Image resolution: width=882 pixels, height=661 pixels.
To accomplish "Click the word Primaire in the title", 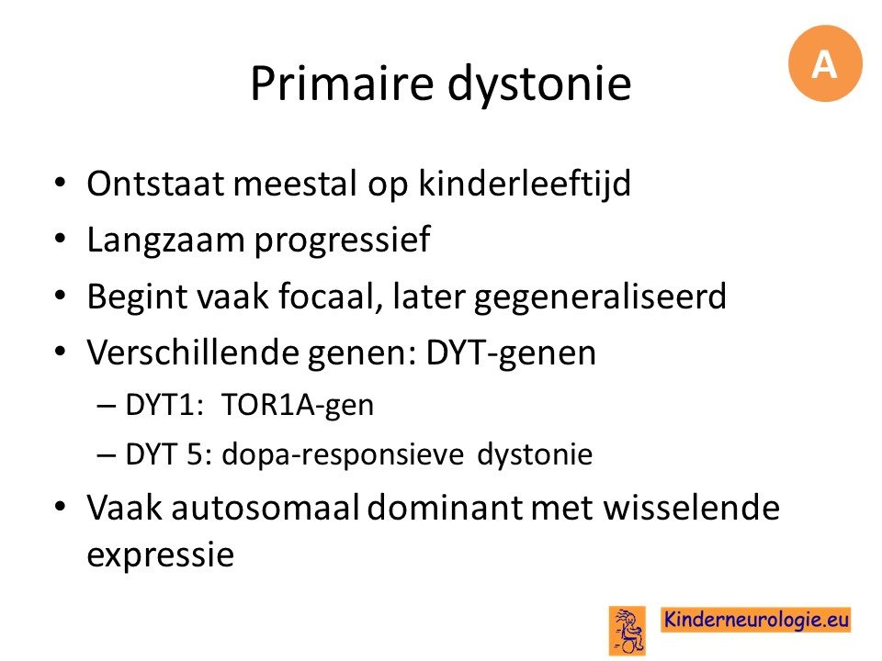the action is (x=342, y=84).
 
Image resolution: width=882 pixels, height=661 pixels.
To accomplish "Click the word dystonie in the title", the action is (x=539, y=84).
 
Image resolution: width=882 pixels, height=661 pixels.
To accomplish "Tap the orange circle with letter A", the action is (x=825, y=63).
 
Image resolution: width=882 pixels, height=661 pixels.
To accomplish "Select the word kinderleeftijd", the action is (x=525, y=184).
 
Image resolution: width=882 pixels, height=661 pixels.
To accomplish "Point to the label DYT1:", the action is (x=164, y=405).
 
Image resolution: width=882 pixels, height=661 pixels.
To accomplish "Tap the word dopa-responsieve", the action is (x=343, y=455).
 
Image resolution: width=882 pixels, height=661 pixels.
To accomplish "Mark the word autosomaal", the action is (x=266, y=508).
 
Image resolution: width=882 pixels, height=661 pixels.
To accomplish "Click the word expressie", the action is (x=160, y=556).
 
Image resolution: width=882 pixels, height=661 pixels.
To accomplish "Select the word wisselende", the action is (x=692, y=508).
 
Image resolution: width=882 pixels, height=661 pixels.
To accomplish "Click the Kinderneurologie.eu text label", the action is (x=756, y=620).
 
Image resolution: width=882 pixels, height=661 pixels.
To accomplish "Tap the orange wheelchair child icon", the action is (x=628, y=631).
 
